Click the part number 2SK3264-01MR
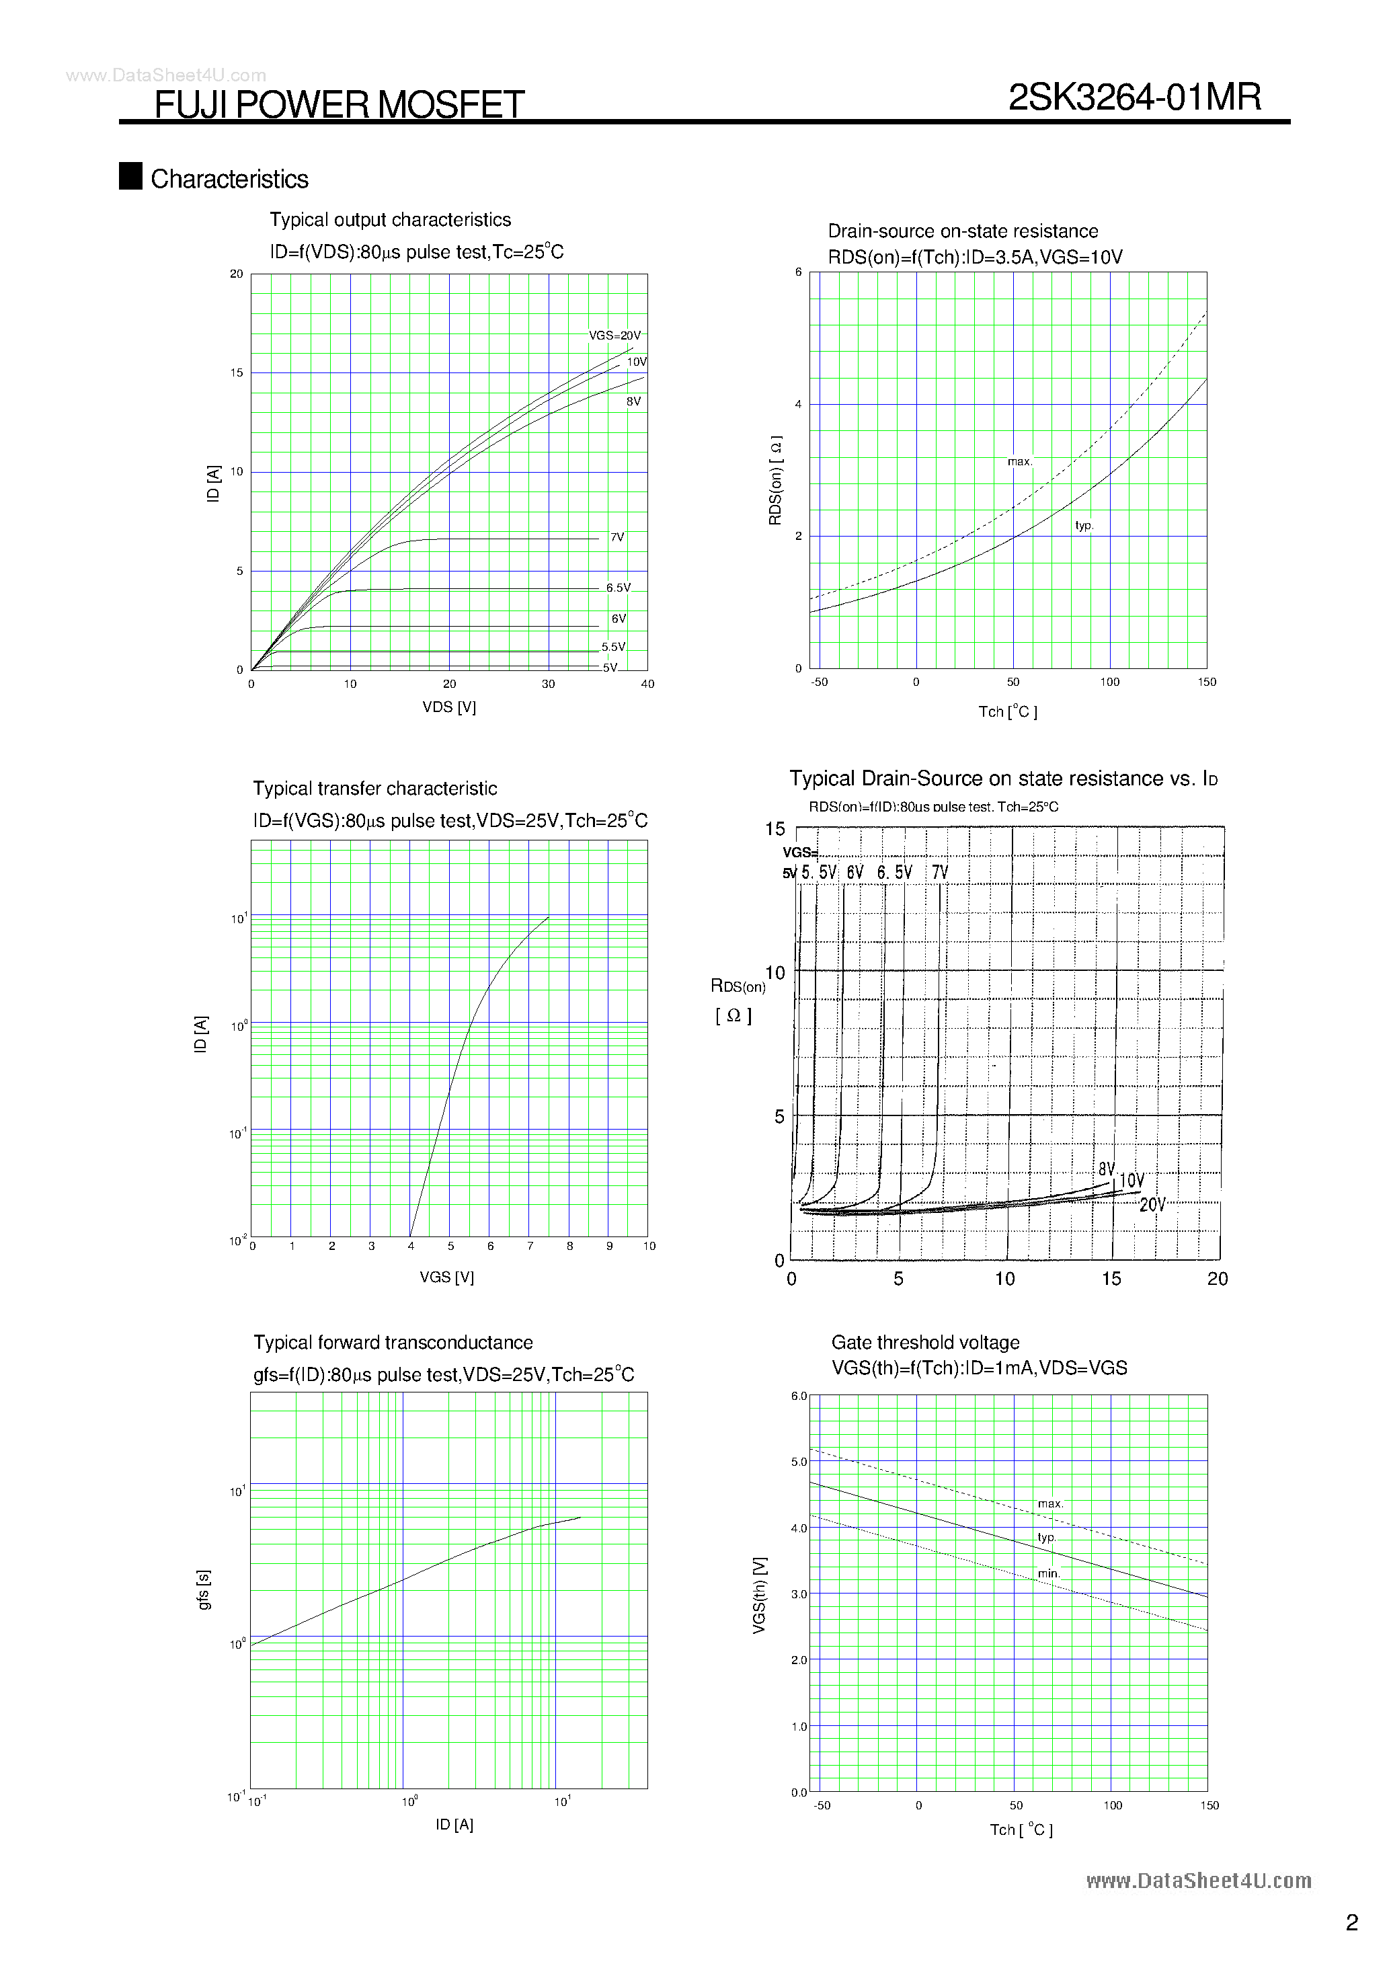click(x=1135, y=97)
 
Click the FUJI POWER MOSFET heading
click(x=339, y=104)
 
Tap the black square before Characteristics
click(x=130, y=175)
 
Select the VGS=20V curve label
click(x=614, y=336)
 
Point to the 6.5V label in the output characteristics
click(x=617, y=588)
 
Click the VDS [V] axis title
click(x=448, y=707)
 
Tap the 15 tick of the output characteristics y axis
click(x=237, y=373)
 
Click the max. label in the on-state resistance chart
click(x=1019, y=461)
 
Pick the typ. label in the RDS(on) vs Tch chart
click(x=1084, y=526)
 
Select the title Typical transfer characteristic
click(x=374, y=789)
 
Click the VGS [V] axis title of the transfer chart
click(x=446, y=1277)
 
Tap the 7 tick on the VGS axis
click(x=530, y=1247)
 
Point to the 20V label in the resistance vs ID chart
click(x=1152, y=1205)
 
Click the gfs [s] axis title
click(x=204, y=1590)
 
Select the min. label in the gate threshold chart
click(x=1049, y=1574)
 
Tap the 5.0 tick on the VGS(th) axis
click(x=799, y=1462)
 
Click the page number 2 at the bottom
click(x=1351, y=1923)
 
